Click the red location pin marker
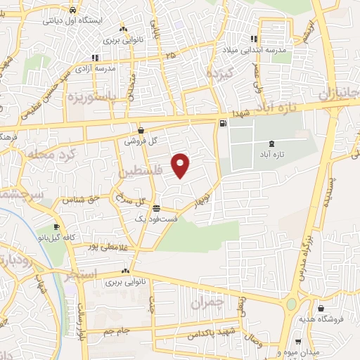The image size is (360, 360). coord(181,165)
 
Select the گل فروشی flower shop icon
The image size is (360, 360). coord(141,130)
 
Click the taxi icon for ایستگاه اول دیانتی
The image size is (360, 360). coord(74,11)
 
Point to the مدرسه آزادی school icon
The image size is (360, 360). coord(94,58)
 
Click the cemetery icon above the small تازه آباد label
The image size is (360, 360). coord(272,143)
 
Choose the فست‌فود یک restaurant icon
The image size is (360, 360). coord(155,209)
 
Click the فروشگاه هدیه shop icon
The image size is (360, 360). coord(321,308)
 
